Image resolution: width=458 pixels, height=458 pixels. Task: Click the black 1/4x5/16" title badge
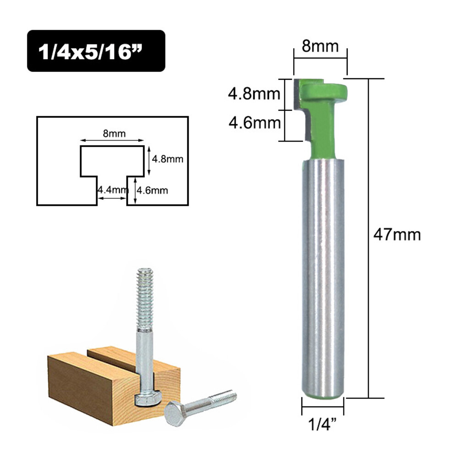point(96,51)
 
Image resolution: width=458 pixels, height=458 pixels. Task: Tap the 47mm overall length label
point(397,234)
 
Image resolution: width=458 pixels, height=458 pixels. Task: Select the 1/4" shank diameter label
point(322,422)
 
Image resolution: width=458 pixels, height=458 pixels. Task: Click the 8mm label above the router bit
point(321,47)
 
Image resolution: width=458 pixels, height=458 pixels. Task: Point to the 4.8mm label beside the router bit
point(254,94)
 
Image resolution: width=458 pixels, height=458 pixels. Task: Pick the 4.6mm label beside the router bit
point(254,123)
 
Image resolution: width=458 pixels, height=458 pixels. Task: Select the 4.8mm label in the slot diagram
point(168,159)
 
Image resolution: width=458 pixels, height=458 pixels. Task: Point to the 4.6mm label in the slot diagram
point(153,189)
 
